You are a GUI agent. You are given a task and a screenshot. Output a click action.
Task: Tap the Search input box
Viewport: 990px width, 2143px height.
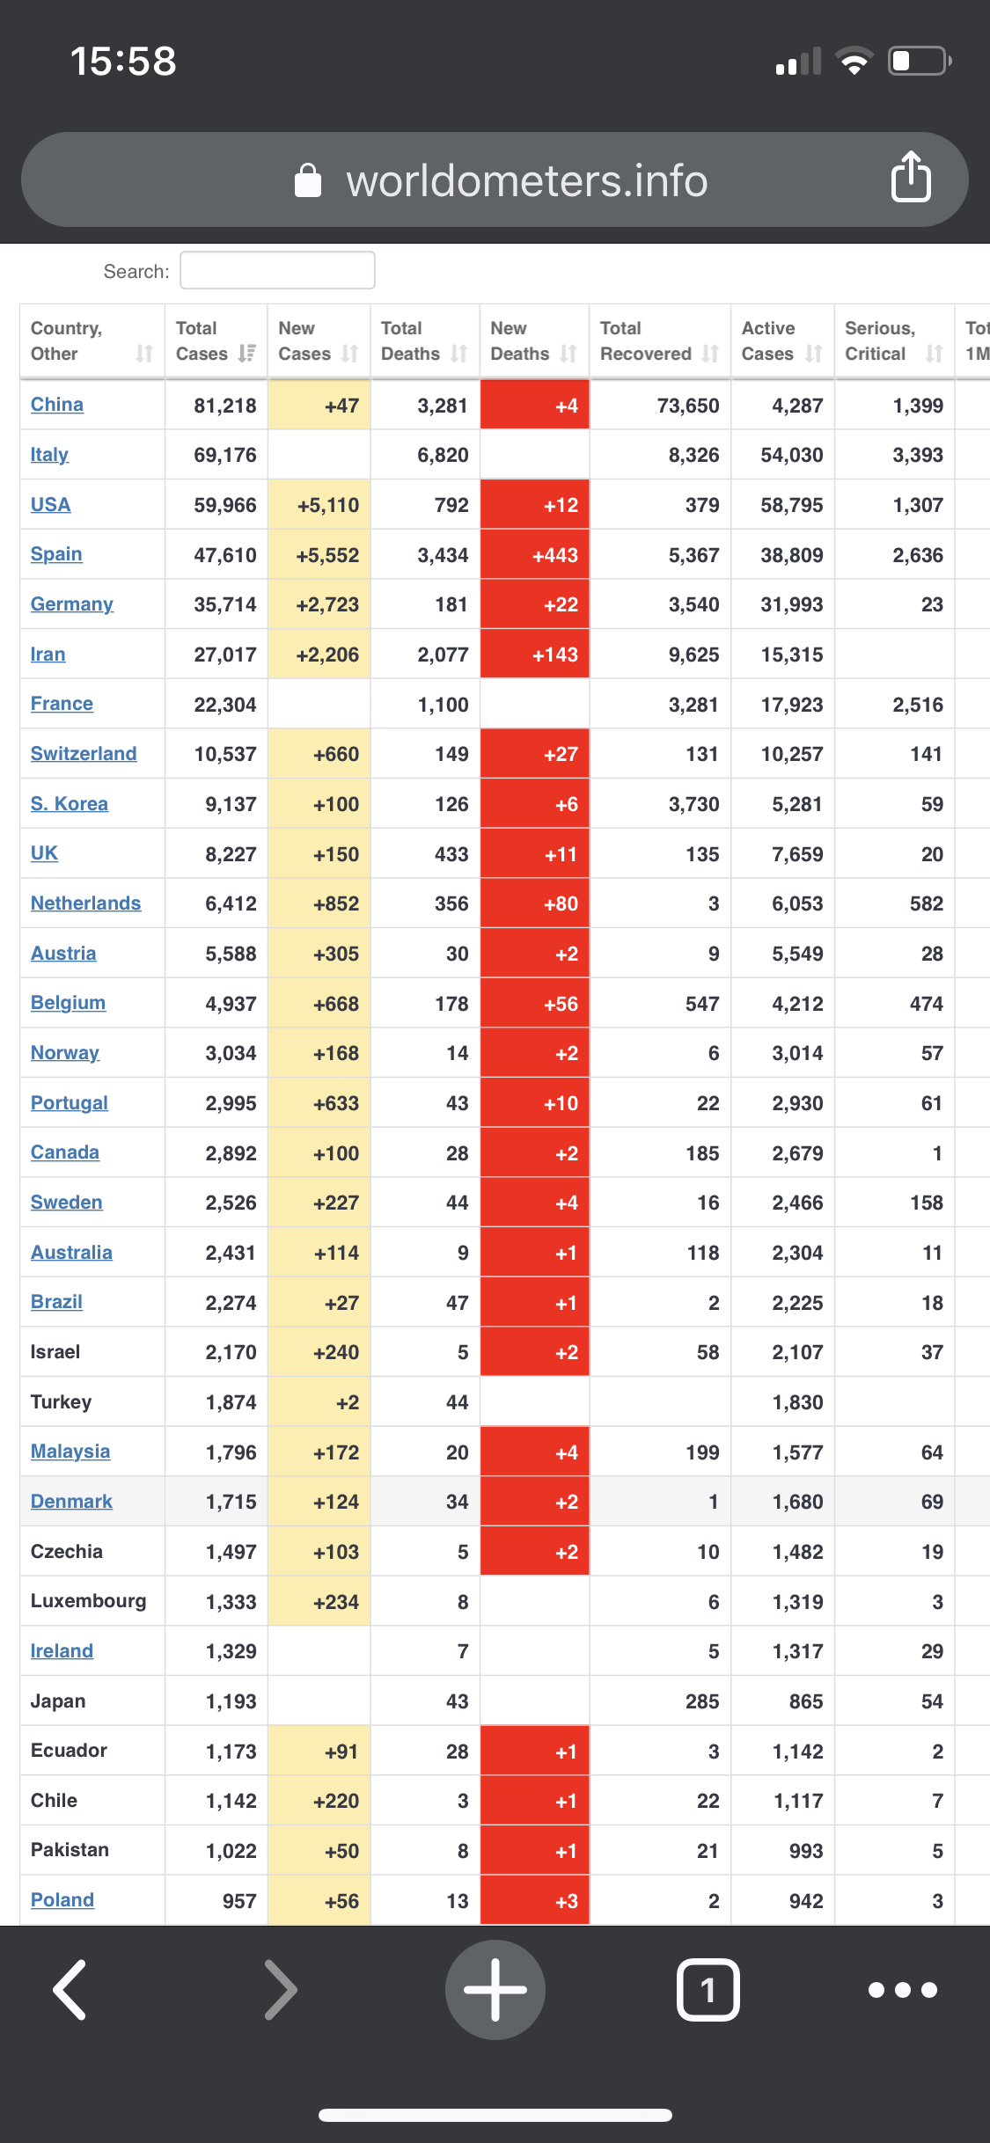(277, 270)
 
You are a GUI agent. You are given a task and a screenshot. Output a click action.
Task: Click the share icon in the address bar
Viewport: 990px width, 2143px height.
(911, 178)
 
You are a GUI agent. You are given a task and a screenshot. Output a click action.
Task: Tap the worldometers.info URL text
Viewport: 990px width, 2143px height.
(526, 180)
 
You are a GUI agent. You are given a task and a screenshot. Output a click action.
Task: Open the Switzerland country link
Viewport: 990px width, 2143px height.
(84, 754)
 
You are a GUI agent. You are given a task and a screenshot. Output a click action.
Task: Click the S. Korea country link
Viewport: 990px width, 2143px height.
(70, 804)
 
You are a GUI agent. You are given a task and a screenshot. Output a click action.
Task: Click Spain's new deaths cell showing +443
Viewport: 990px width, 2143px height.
(534, 555)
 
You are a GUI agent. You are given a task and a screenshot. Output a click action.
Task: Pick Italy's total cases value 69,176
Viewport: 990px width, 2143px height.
(225, 456)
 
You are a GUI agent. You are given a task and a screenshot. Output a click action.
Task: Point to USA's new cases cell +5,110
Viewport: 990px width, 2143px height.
(319, 505)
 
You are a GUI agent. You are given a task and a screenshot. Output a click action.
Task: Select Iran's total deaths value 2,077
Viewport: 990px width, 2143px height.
(443, 655)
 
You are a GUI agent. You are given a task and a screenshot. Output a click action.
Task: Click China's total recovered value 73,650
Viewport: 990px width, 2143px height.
(688, 406)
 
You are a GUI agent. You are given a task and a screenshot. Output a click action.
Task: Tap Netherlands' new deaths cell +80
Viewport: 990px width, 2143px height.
(534, 903)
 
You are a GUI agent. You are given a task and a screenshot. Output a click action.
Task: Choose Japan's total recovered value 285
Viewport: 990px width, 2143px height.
(702, 1701)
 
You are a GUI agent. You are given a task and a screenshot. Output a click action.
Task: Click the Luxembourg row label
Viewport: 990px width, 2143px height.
(88, 1601)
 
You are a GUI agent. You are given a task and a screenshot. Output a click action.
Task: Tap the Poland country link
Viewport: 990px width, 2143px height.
(62, 1900)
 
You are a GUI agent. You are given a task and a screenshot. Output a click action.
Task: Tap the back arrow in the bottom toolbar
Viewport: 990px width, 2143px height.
(70, 1990)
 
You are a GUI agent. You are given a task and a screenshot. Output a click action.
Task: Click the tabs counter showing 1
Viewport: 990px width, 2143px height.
(708, 1990)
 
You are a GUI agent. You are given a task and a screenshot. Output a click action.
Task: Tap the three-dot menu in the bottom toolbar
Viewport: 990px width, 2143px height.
(903, 1990)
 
